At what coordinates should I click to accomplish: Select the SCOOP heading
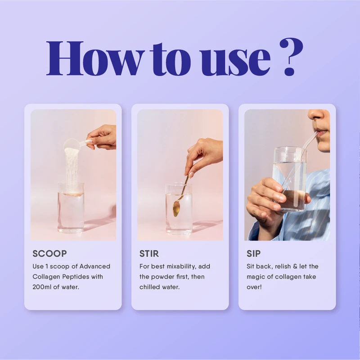point(49,254)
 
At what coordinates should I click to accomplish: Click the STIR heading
point(149,254)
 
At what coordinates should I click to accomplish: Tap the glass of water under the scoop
point(71,209)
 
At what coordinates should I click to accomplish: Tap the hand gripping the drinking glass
point(265,198)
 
